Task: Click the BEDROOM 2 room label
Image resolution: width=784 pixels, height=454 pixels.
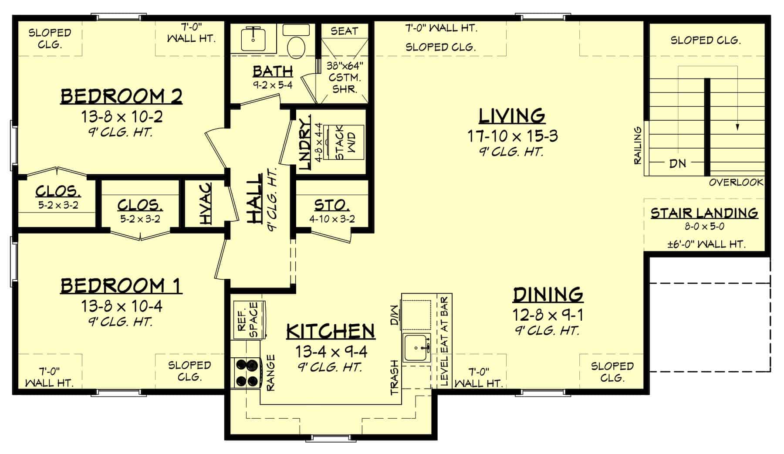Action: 121,96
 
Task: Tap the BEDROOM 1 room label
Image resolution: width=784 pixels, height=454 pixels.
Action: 121,286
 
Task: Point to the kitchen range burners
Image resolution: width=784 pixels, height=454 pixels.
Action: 247,373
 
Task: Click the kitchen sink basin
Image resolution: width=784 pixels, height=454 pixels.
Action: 417,348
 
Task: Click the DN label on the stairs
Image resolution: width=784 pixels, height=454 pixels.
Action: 677,164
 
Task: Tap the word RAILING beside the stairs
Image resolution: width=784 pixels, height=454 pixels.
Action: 638,146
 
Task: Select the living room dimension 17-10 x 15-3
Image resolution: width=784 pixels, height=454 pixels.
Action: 513,136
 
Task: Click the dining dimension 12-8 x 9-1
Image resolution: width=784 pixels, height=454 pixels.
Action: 548,315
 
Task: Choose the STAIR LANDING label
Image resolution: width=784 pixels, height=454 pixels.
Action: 704,213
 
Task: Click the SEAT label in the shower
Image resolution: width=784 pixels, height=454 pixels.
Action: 344,31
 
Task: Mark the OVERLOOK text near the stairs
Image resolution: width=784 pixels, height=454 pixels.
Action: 736,182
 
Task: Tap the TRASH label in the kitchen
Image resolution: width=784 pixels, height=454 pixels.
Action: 395,377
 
